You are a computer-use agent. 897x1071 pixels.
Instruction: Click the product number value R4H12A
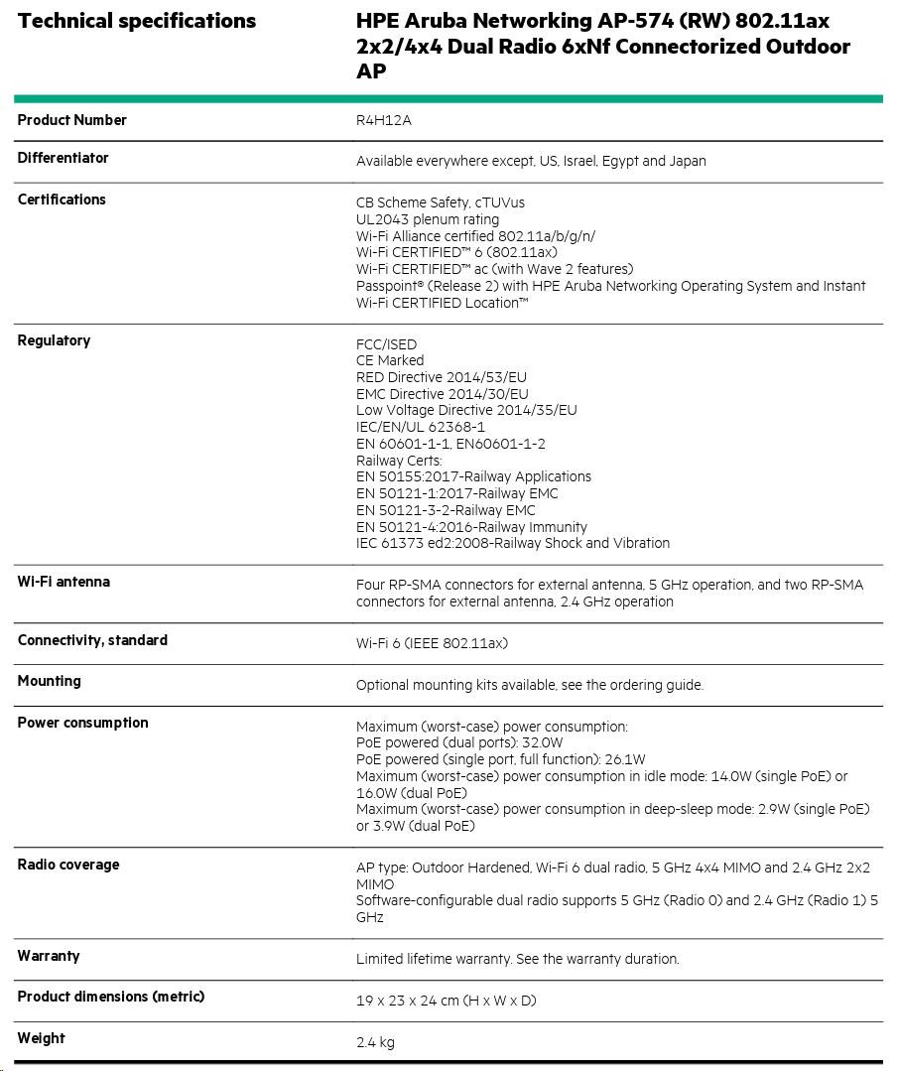pyautogui.click(x=383, y=121)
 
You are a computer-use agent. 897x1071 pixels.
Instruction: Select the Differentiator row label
pyautogui.click(x=64, y=158)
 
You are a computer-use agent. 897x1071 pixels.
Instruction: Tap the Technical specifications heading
pyautogui.click(x=137, y=21)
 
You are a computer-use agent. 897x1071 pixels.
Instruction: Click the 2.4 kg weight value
pyautogui.click(x=375, y=1042)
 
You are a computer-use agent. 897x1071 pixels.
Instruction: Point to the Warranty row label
pyautogui.click(x=49, y=956)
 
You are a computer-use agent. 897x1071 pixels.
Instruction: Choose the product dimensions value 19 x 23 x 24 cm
pyautogui.click(x=446, y=1001)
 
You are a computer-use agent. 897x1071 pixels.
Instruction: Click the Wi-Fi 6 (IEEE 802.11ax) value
pyautogui.click(x=432, y=643)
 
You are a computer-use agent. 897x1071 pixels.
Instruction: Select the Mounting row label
pyautogui.click(x=50, y=681)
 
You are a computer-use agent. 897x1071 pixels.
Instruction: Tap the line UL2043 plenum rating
pyautogui.click(x=428, y=219)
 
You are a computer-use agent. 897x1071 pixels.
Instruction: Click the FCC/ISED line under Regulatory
pyautogui.click(x=387, y=344)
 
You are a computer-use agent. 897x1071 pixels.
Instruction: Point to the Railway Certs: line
pyautogui.click(x=399, y=461)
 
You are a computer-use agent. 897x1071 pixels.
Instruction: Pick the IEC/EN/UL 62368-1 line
pyautogui.click(x=421, y=427)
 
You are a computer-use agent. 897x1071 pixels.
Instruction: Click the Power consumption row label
pyautogui.click(x=82, y=723)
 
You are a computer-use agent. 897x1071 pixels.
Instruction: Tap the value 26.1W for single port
pyautogui.click(x=627, y=759)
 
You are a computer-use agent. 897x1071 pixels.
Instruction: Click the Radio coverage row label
pyautogui.click(x=68, y=865)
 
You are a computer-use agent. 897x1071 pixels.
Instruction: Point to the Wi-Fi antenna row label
pyautogui.click(x=64, y=582)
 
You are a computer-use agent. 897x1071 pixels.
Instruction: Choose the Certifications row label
pyautogui.click(x=62, y=200)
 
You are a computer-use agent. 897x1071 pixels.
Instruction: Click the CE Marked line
pyautogui.click(x=390, y=360)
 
